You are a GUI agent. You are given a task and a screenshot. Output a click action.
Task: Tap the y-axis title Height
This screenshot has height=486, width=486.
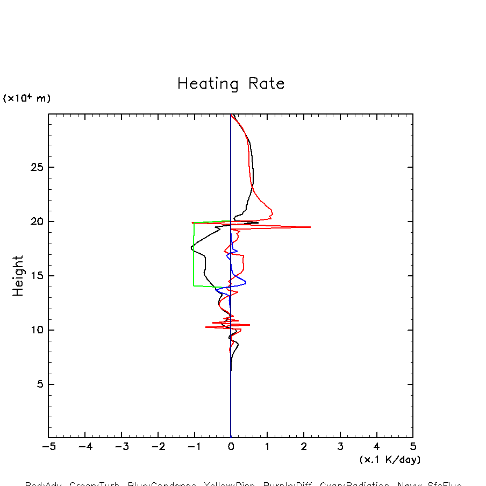coord(18,276)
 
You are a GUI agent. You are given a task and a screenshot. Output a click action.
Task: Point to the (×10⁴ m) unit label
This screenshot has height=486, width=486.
coord(27,98)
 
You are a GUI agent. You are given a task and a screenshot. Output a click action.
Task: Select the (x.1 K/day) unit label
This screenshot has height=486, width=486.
coord(390,460)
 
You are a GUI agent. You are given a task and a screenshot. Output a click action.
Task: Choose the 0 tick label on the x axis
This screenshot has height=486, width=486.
coord(231,447)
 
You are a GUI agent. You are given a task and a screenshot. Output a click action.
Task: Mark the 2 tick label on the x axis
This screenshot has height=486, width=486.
coord(304,447)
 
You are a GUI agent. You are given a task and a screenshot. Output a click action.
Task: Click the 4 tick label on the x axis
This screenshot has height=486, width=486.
coord(376,447)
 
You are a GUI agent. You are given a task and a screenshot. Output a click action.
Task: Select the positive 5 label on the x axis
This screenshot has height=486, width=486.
coord(413,447)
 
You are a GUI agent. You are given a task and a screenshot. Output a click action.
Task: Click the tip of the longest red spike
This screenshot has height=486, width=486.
coord(310,227)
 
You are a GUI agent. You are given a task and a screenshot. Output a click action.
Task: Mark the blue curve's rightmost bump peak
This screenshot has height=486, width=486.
coord(246,283)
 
